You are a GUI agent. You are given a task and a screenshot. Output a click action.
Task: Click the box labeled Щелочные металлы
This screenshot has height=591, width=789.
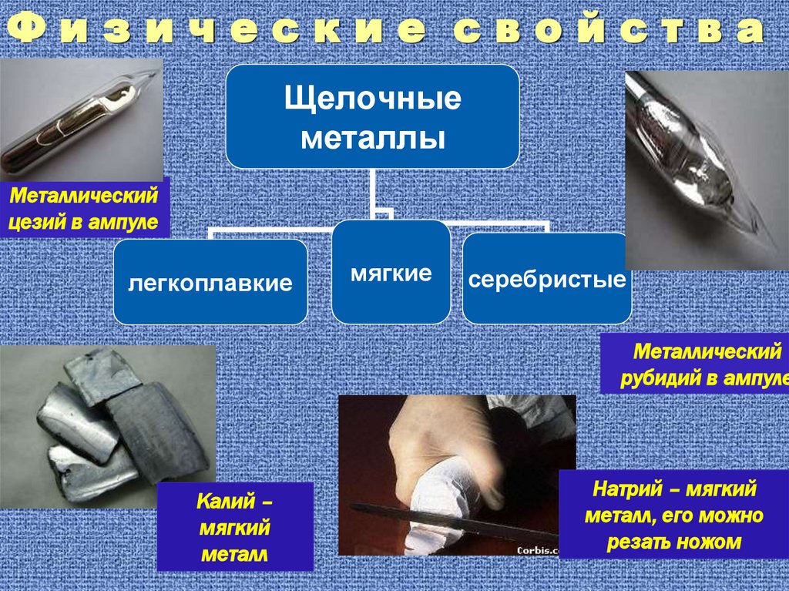click(372, 117)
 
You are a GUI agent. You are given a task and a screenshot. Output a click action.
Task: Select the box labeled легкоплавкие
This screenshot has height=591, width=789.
click(210, 282)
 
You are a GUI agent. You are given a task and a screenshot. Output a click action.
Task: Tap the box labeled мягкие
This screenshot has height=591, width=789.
click(391, 272)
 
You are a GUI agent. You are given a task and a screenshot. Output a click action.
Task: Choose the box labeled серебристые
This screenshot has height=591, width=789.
click(546, 279)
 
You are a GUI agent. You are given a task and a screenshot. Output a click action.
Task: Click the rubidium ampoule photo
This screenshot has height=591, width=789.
click(705, 170)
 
